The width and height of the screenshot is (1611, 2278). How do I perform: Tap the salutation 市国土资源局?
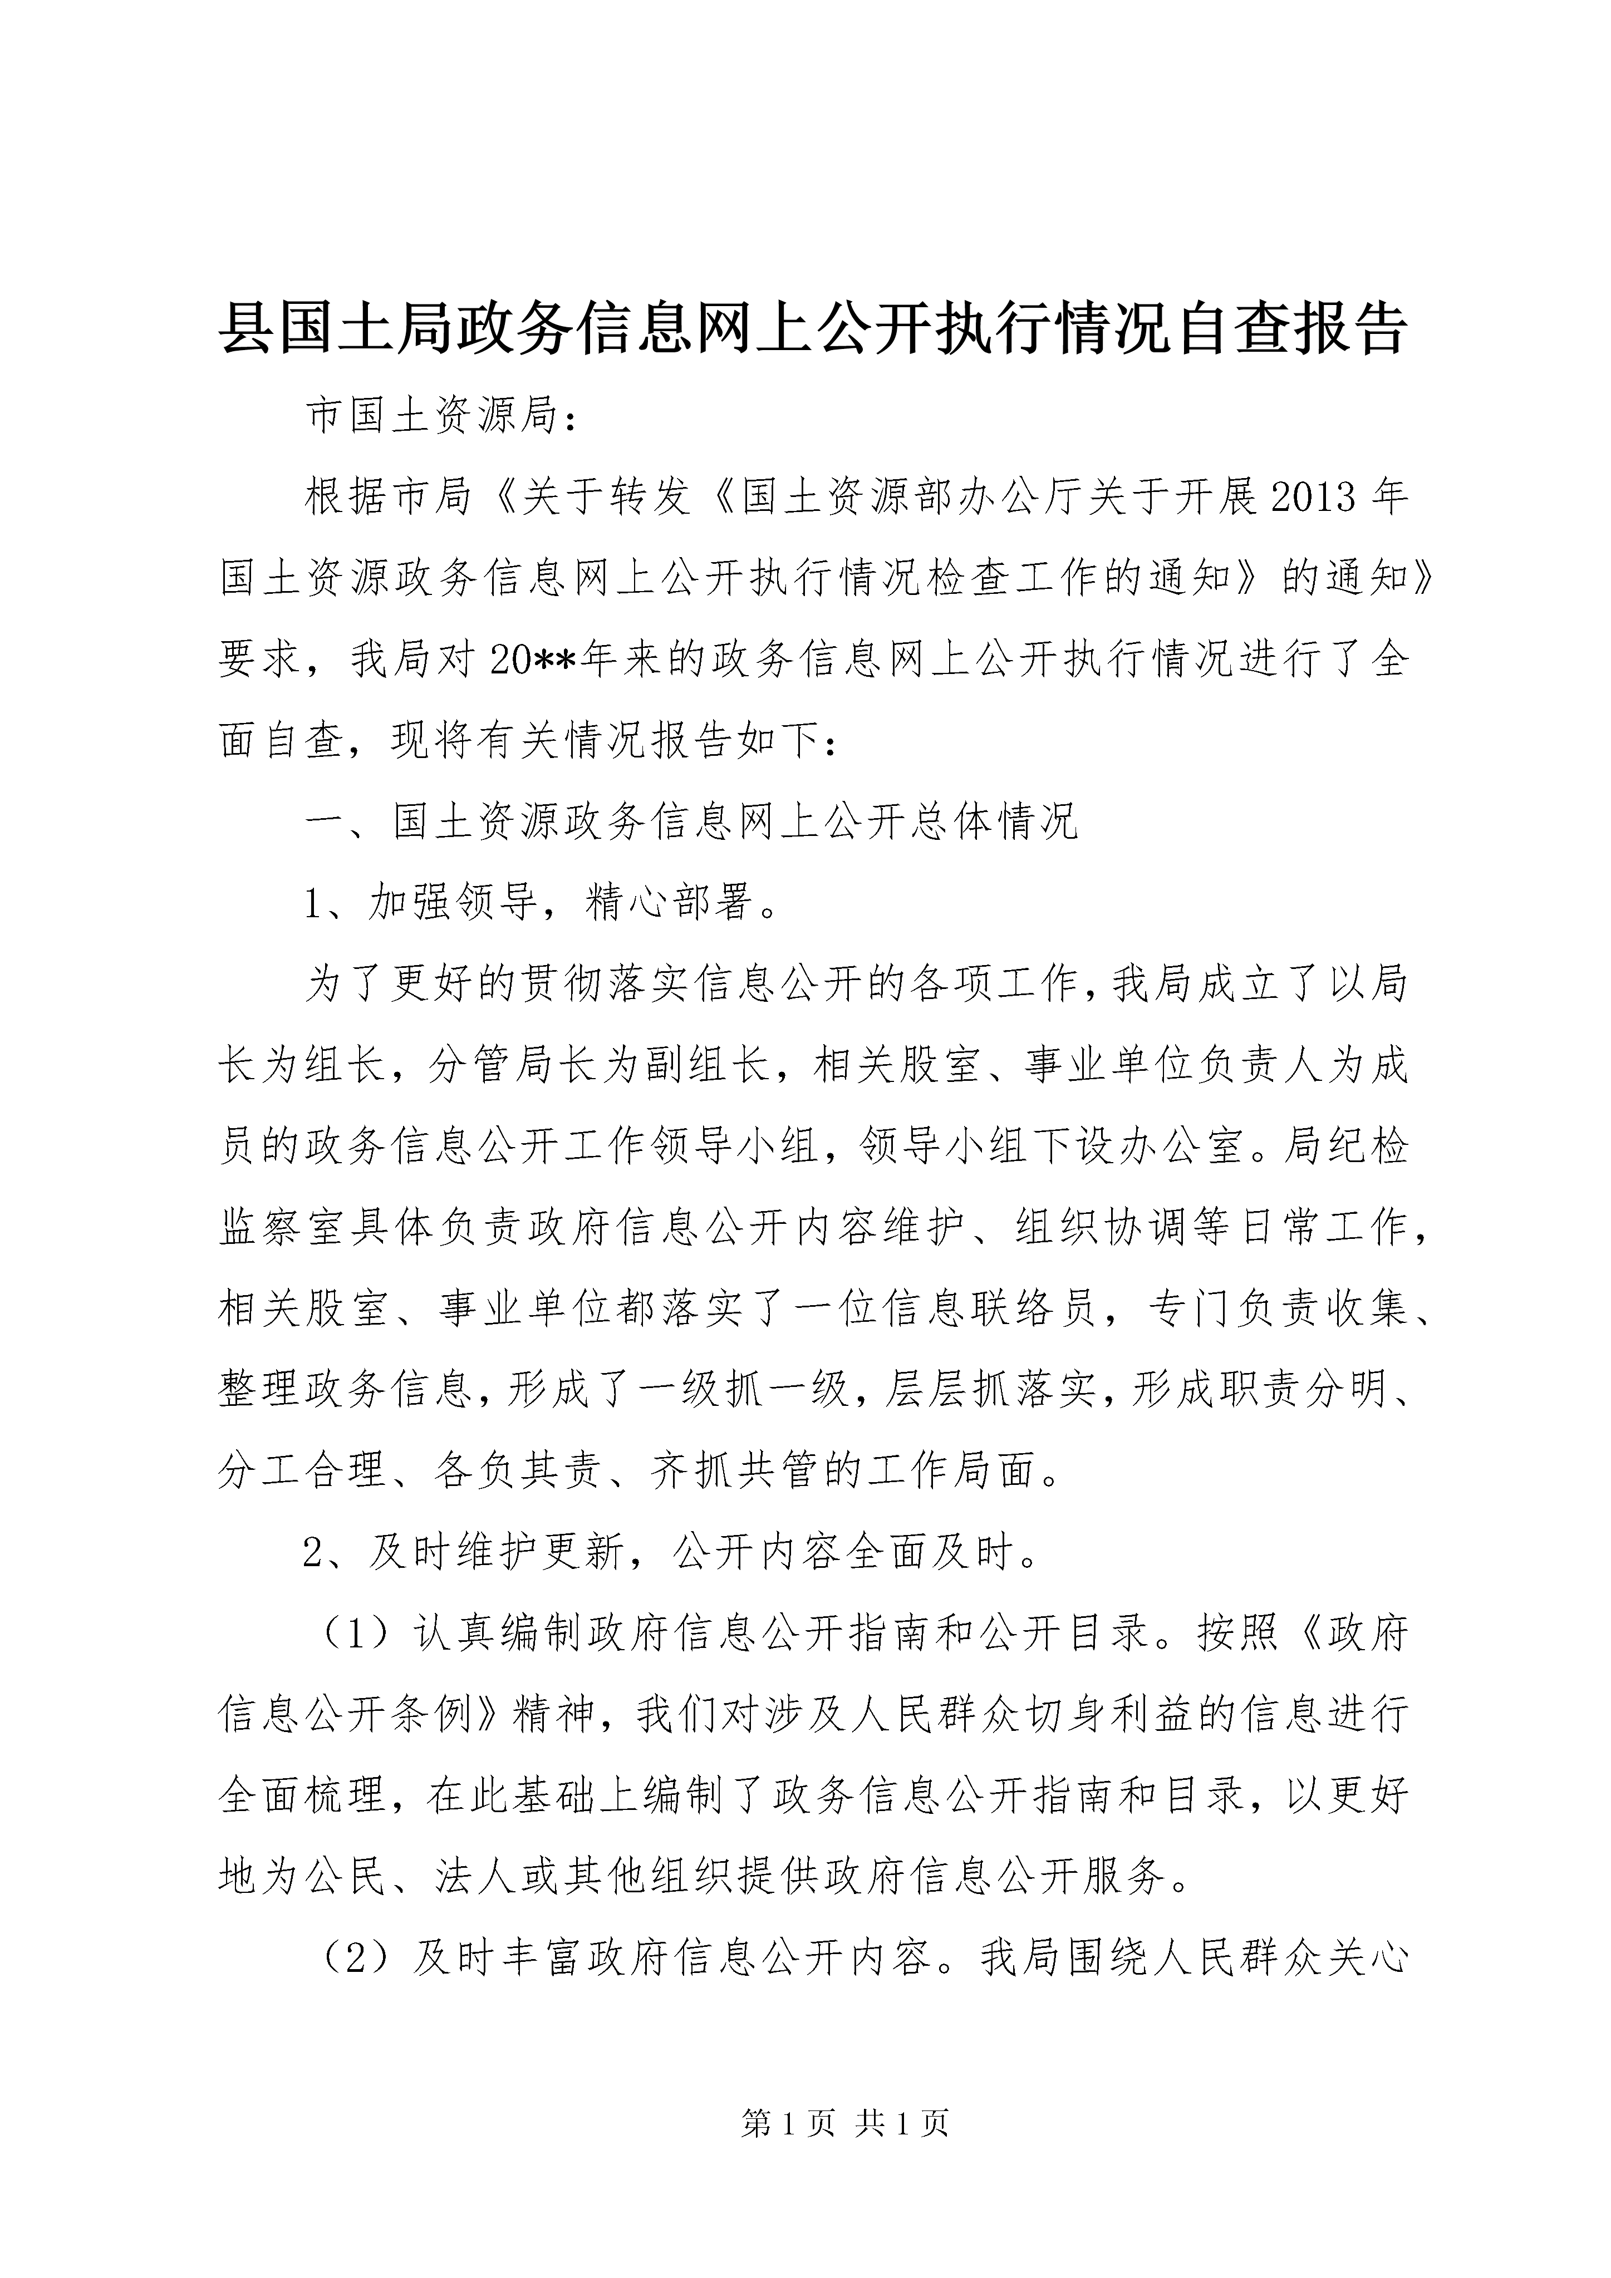tap(432, 417)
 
